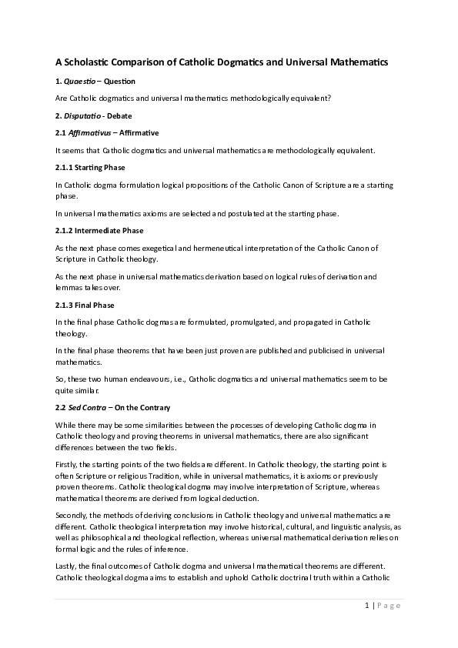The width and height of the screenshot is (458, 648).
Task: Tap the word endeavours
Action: click(x=155, y=379)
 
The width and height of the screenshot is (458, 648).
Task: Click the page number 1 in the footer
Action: click(x=367, y=605)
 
